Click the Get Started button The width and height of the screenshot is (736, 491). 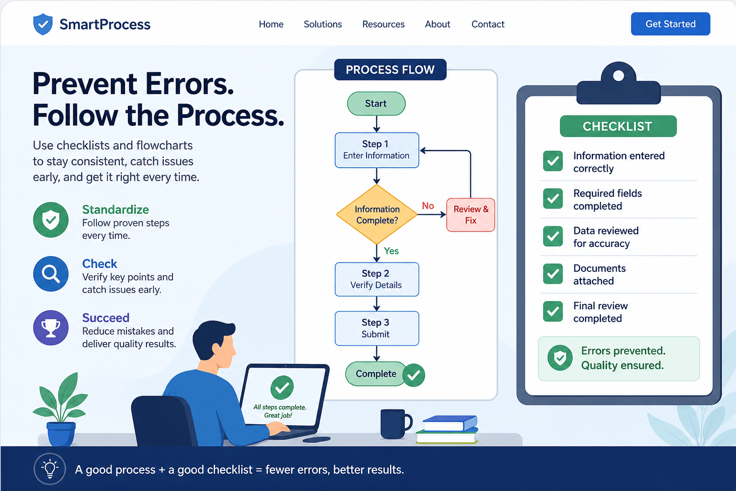point(670,24)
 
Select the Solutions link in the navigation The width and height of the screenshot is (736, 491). point(322,24)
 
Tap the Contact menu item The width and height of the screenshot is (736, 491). point(488,24)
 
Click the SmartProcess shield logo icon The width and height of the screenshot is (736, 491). point(43,24)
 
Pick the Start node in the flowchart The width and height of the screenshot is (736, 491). point(376,104)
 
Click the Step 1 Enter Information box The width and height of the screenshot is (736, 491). point(377,150)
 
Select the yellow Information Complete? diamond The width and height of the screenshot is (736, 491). point(377,214)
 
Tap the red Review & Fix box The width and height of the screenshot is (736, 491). point(471,215)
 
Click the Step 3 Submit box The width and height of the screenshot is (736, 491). point(377,328)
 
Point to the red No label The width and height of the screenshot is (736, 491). point(428,206)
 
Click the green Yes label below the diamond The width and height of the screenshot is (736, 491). point(391,251)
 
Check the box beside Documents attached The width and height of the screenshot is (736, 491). point(553,274)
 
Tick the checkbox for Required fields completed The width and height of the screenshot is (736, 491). point(553,199)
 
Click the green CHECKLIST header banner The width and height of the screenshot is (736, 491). point(618,126)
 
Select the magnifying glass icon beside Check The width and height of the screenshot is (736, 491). point(51,274)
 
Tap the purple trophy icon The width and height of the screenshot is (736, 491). point(51,327)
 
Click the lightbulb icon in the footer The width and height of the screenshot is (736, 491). point(50,468)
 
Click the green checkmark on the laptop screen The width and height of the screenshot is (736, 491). point(282,387)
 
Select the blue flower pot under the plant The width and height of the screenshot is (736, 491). point(61,433)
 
